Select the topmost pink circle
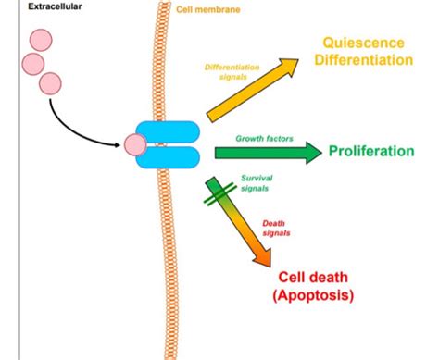coord(42,41)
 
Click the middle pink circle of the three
coord(32,63)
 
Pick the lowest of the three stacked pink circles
coord(51,83)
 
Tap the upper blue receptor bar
coord(168,132)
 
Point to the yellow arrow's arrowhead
coord(290,68)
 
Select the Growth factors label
coord(266,138)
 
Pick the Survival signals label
coord(257,182)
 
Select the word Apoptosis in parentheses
coord(313,295)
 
